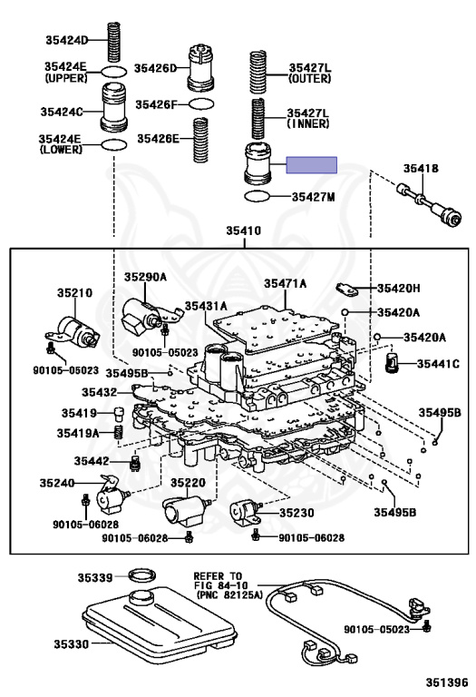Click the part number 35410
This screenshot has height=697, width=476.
pyautogui.click(x=244, y=231)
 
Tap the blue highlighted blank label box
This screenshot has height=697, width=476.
pyautogui.click(x=311, y=165)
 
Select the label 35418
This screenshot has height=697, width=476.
pyautogui.click(x=421, y=169)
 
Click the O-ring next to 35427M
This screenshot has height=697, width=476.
pyautogui.click(x=257, y=196)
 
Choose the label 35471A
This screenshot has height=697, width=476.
pyautogui.click(x=285, y=283)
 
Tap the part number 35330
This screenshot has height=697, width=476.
pyautogui.click(x=72, y=643)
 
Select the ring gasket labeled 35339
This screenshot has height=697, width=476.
pyautogui.click(x=142, y=575)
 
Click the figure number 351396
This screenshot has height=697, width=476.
pyautogui.click(x=447, y=682)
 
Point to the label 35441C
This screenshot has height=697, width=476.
pyautogui.click(x=438, y=364)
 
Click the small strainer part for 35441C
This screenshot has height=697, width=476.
pyautogui.click(x=392, y=364)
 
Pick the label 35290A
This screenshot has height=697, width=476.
pyautogui.click(x=145, y=277)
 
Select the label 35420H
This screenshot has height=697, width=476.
pyautogui.click(x=398, y=289)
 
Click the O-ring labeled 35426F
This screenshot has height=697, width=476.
pyautogui.click(x=201, y=104)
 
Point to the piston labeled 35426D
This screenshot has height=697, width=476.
pyautogui.click(x=201, y=67)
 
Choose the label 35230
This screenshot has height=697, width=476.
pyautogui.click(x=296, y=513)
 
